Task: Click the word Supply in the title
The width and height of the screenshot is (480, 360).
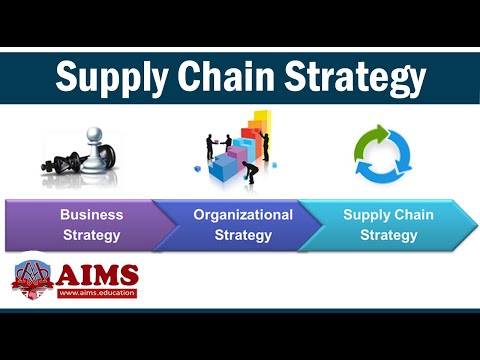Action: point(107,77)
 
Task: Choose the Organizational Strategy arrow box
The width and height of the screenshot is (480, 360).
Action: point(240,225)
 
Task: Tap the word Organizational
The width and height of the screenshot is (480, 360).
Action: point(243,214)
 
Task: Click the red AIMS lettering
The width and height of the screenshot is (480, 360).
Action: point(97,275)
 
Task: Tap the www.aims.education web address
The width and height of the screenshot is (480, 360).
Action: point(97,293)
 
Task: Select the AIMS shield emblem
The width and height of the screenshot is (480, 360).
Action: point(32,280)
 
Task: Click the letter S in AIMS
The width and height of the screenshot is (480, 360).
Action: point(127,275)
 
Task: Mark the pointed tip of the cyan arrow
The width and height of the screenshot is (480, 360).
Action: point(473,225)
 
